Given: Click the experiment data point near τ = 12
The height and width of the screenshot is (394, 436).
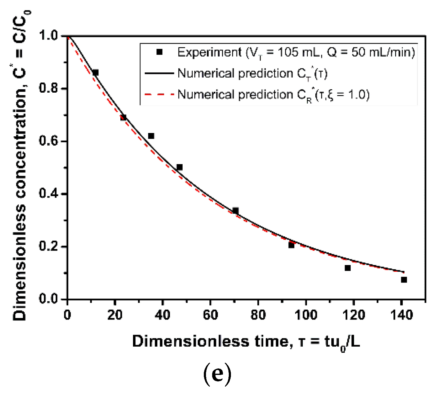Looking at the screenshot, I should pos(95,73).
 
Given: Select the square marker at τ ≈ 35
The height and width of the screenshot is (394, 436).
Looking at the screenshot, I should pos(151,136).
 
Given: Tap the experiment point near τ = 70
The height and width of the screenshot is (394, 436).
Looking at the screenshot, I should pos(236,211).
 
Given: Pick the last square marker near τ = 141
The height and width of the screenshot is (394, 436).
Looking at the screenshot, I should pos(404,279).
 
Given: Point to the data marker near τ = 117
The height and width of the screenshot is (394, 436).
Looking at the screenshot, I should pos(348,268).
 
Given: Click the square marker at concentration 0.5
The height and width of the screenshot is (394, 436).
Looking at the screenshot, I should pos(180,167).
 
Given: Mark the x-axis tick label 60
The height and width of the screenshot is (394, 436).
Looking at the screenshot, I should pos(210,315).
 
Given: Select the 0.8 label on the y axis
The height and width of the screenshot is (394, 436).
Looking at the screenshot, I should pos(49,88).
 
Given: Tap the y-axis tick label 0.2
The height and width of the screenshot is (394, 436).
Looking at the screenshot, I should pos(49,247).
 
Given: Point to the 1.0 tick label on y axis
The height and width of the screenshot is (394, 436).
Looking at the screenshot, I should pos(49,36).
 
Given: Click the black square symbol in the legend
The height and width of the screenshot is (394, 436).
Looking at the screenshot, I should pos(159,52).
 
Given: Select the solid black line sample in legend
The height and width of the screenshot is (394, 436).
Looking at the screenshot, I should pos(159,73).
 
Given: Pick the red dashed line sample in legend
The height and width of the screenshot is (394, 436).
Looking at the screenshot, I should pos(159,94).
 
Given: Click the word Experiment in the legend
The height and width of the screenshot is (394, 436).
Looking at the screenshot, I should pos(210,52).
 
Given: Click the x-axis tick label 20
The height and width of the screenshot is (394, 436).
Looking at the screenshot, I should pos(115,315).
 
